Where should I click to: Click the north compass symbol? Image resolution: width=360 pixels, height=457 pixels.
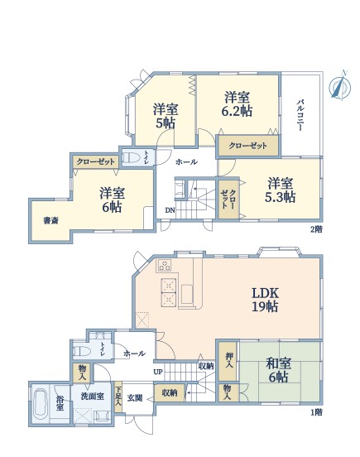[340, 86]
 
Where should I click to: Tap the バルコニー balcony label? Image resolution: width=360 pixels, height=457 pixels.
[300, 115]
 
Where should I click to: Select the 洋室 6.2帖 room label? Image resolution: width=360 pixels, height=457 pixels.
[237, 104]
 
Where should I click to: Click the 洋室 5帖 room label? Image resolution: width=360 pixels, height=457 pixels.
[166, 116]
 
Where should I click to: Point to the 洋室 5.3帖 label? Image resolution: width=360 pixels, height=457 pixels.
[281, 190]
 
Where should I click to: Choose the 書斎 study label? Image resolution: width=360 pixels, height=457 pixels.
[51, 220]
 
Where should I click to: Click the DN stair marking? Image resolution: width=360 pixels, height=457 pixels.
[170, 209]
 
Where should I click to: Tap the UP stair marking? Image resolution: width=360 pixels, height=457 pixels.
[158, 372]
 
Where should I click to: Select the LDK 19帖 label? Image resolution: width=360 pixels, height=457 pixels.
[265, 300]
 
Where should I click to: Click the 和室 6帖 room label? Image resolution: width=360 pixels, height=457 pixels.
[279, 370]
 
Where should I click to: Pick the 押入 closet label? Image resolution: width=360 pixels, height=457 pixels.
[229, 360]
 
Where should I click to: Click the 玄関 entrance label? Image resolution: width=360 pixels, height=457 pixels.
[135, 397]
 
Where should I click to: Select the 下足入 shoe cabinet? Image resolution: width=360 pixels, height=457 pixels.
[118, 397]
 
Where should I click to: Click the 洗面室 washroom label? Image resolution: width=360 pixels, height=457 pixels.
[93, 397]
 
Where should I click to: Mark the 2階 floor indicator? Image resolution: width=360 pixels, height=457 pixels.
[316, 229]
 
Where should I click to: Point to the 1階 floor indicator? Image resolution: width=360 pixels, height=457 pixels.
[316, 412]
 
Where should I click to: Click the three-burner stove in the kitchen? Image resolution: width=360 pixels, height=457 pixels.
[165, 266]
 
